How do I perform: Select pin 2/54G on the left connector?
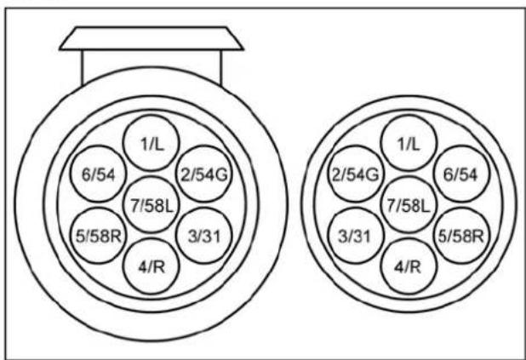201,174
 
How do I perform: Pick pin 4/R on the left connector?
150,266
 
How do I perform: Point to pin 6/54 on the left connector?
97,174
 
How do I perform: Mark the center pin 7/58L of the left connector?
150,203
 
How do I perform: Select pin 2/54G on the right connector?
356,175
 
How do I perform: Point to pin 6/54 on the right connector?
460,174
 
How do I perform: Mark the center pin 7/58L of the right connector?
407,203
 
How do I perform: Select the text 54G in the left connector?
207,174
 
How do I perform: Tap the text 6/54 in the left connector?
97,174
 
